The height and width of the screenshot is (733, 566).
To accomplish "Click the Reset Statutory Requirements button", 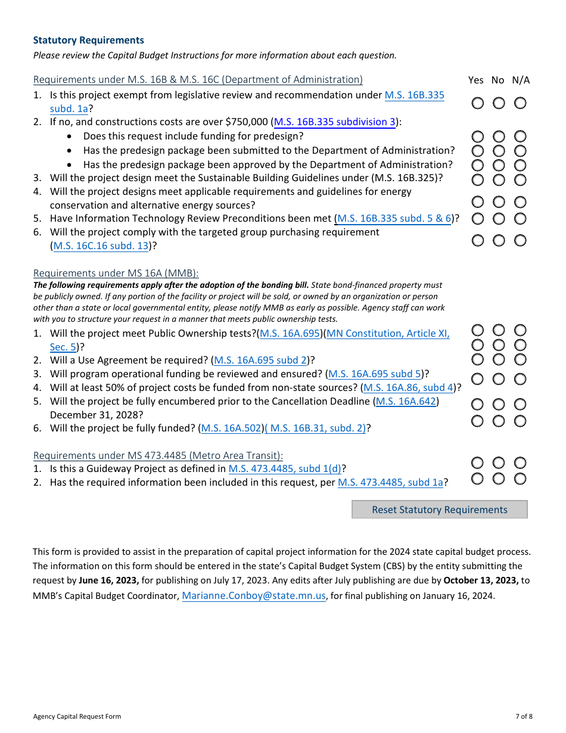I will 439,510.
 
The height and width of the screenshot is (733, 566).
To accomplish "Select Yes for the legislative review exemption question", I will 478,103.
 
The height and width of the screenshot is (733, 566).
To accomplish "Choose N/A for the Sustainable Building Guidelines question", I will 520,179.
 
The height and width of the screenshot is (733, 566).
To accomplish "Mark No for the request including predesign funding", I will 499,136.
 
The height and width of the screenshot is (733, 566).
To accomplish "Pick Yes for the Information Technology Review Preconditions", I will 478,219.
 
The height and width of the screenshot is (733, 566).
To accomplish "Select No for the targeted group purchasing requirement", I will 499,240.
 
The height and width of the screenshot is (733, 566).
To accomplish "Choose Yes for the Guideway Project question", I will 478,463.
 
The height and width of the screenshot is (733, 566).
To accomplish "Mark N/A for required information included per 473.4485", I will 520,479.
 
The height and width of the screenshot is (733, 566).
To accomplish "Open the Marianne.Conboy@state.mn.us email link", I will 254,595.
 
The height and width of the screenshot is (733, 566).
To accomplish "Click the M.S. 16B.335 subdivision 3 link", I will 334,122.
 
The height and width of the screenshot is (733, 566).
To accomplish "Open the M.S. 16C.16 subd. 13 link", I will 101,246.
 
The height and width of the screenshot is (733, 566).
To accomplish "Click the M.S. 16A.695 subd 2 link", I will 260,361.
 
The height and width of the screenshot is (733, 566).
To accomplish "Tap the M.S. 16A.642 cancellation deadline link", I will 406,402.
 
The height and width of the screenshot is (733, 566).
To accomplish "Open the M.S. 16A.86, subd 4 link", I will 409,388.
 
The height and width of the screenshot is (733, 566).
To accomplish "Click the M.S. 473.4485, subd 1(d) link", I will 285,469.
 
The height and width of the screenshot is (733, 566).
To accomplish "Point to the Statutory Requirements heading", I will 88,41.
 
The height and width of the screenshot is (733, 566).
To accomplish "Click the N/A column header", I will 520,80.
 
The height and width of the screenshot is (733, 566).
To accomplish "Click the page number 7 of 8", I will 524,716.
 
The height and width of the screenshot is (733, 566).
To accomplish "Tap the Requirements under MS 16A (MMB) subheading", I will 116,274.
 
